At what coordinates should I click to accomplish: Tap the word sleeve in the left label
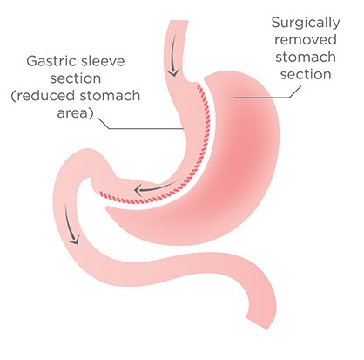tap(103, 61)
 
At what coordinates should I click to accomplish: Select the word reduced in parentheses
tap(44, 96)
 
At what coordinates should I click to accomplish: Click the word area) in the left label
tap(75, 113)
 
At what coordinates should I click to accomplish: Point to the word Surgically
tap(306, 23)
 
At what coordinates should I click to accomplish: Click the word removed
tap(306, 39)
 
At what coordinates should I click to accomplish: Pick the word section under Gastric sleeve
tap(76, 78)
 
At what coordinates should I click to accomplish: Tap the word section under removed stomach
tap(306, 74)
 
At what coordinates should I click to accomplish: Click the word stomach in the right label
tap(306, 57)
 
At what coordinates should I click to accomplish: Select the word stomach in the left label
tap(110, 96)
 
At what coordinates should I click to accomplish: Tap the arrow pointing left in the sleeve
tap(154, 188)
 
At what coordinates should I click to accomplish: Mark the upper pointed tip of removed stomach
tap(206, 78)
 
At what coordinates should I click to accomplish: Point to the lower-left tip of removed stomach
tap(106, 208)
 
